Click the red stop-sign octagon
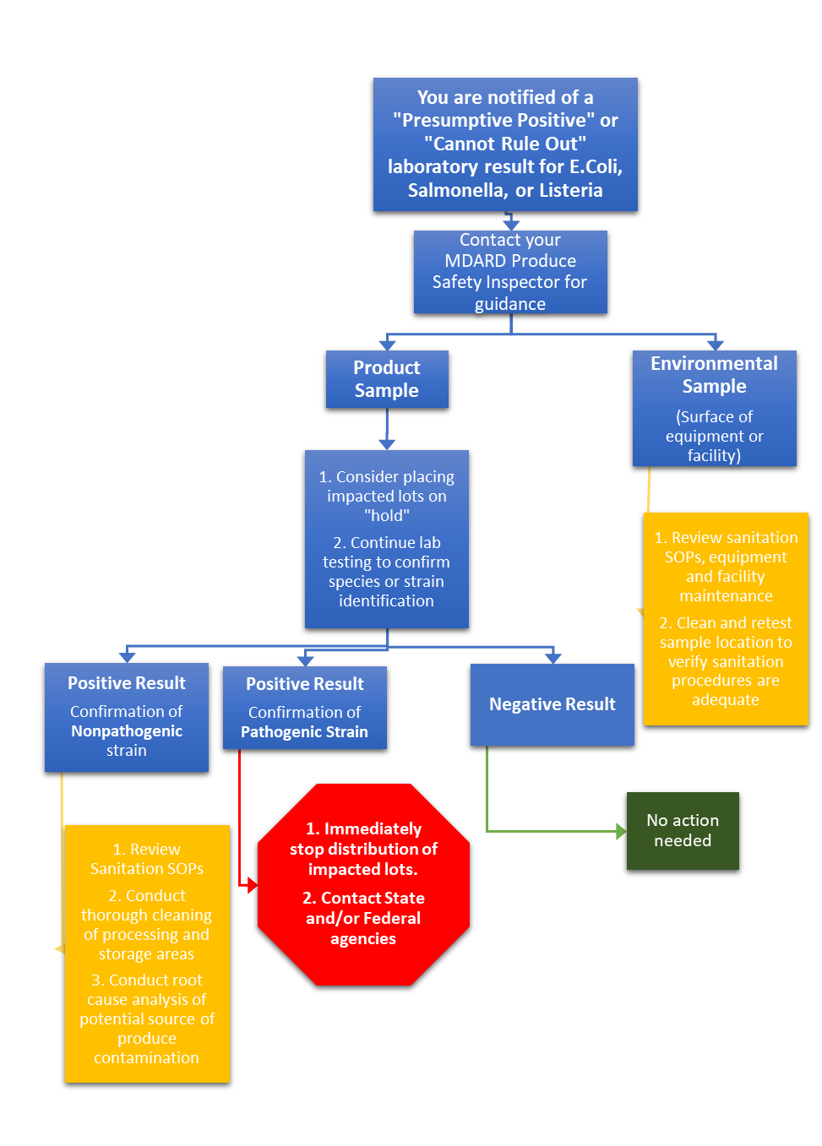(x=363, y=883)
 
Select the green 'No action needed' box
(x=683, y=830)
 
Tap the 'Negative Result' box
(x=553, y=704)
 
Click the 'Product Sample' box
(x=387, y=379)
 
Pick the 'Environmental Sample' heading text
(x=714, y=375)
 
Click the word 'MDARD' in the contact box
(x=476, y=261)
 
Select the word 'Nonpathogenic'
(x=127, y=731)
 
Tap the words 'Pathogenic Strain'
(x=304, y=732)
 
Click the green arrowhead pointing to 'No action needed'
(x=621, y=832)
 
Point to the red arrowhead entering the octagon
(x=251, y=885)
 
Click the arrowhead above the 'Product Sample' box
(x=387, y=344)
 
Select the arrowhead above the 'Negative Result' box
(x=553, y=657)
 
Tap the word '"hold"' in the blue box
(x=387, y=516)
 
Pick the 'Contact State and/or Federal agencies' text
(x=363, y=918)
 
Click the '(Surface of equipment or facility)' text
(x=714, y=436)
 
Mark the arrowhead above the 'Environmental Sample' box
(x=716, y=344)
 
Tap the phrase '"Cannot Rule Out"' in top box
(x=505, y=144)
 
